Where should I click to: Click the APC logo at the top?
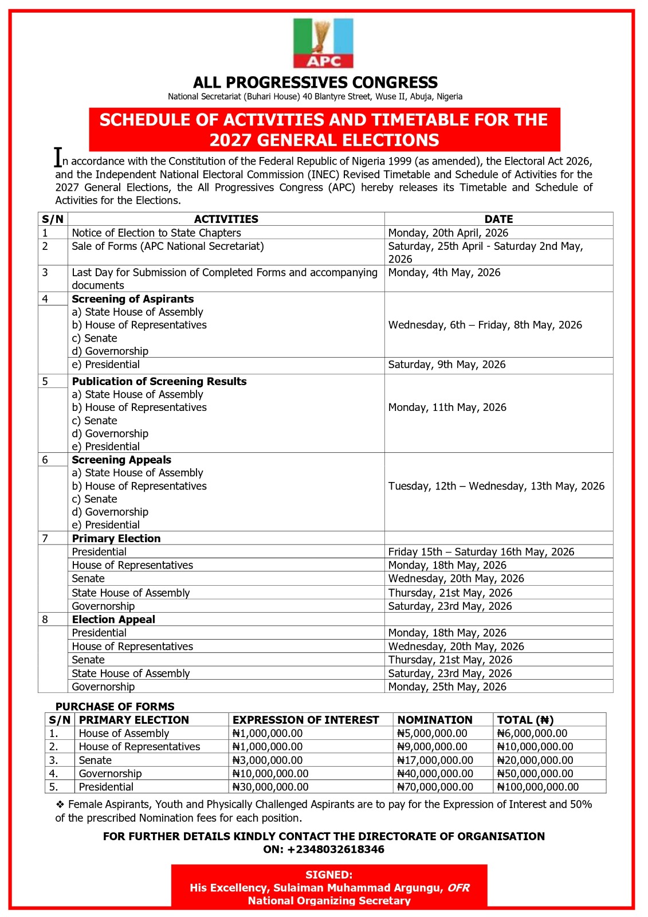323,44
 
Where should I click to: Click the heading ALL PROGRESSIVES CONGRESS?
315,83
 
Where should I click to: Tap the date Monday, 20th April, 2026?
448,233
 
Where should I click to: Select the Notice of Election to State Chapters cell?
156,233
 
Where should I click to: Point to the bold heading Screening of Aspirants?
133,299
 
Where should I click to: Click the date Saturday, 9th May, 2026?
447,365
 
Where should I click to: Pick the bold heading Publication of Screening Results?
159,381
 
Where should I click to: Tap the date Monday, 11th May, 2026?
447,407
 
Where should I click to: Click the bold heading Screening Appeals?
121,460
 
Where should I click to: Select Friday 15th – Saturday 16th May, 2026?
481,552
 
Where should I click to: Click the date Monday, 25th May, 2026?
447,687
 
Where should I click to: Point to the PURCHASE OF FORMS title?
115,707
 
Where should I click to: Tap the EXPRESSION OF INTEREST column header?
305,720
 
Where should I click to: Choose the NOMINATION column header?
435,720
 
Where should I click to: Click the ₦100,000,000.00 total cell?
538,787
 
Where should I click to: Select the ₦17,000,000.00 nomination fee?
435,761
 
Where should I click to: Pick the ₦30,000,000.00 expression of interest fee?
270,787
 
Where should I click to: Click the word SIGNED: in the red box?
329,875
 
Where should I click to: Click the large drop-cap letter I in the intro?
58,157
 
